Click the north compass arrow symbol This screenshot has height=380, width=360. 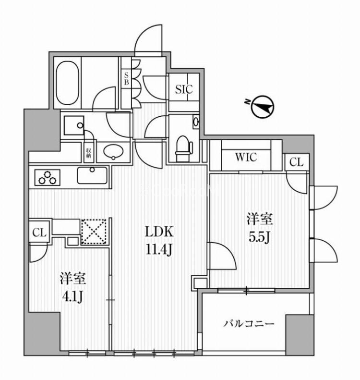click(x=262, y=107)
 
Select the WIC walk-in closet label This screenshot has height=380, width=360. click(x=246, y=157)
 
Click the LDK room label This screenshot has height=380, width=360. click(x=157, y=232)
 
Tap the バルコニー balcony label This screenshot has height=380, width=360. click(x=249, y=324)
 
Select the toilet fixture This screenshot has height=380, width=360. click(x=183, y=147)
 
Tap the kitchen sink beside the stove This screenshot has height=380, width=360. click(x=93, y=175)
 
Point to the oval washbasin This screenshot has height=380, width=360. click(x=114, y=152)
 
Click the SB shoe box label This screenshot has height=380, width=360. click(x=126, y=79)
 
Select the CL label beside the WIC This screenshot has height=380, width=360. click(x=297, y=163)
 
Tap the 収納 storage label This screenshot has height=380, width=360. click(x=89, y=153)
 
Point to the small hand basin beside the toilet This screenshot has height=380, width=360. click(x=196, y=122)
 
